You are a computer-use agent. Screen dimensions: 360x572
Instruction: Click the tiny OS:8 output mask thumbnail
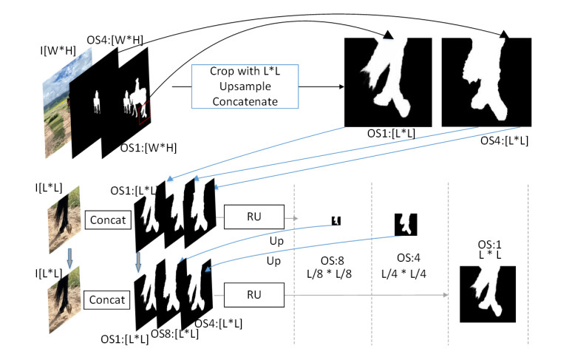pos(336,220)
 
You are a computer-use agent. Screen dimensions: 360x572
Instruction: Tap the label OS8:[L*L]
pos(175,334)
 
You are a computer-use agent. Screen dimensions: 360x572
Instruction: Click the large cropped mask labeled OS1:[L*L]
pos(388,80)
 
